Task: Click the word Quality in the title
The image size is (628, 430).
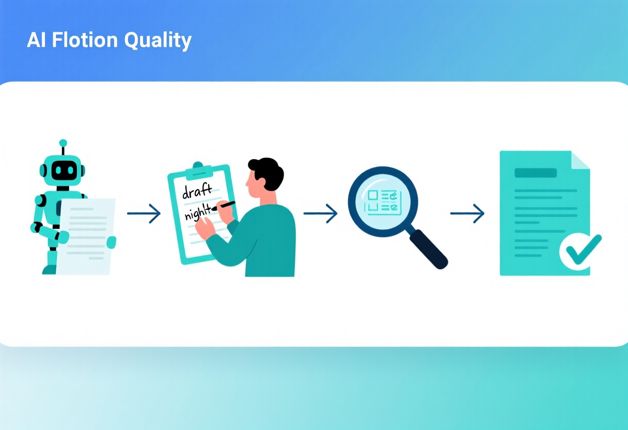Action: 158,41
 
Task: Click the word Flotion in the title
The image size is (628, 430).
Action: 85,40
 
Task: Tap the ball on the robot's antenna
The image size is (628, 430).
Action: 63,143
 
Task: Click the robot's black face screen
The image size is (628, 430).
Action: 64,170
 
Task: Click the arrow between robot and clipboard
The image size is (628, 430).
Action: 144,213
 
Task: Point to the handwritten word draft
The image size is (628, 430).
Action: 197,191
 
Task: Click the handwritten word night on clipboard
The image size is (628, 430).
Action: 198,212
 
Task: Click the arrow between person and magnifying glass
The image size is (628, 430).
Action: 320,213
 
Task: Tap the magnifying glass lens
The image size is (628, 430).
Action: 383,202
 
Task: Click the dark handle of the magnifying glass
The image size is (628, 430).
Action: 428,249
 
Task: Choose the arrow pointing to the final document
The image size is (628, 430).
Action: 467,213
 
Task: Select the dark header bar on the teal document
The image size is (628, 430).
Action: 536,173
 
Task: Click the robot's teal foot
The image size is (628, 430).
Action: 50,270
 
